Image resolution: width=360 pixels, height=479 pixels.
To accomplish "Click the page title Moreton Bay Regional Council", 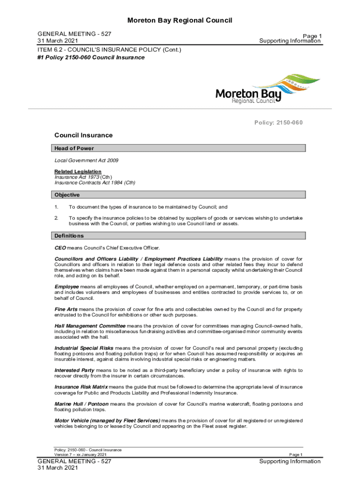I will [180, 20].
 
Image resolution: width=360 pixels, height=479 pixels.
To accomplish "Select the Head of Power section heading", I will [74, 148].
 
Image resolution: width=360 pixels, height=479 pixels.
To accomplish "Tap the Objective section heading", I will [67, 195].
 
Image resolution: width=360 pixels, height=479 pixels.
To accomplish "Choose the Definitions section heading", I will [69, 236].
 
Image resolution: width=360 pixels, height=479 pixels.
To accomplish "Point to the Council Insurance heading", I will [84, 135].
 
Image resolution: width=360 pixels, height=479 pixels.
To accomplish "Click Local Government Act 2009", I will [86, 160].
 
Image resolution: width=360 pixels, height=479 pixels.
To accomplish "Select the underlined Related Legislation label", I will [78, 172].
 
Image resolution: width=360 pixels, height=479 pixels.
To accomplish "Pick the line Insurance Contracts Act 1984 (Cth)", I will [95, 183].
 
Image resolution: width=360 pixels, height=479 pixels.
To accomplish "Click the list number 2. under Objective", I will [56, 218].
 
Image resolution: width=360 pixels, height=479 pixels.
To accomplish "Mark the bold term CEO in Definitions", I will [60, 248].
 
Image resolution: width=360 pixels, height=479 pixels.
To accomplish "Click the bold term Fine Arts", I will [66, 309].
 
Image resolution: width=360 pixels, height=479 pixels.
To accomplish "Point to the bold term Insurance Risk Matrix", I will [81, 387].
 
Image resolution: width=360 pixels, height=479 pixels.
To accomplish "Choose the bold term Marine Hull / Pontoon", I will [81, 404].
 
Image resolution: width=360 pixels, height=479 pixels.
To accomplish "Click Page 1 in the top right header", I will [312, 36].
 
